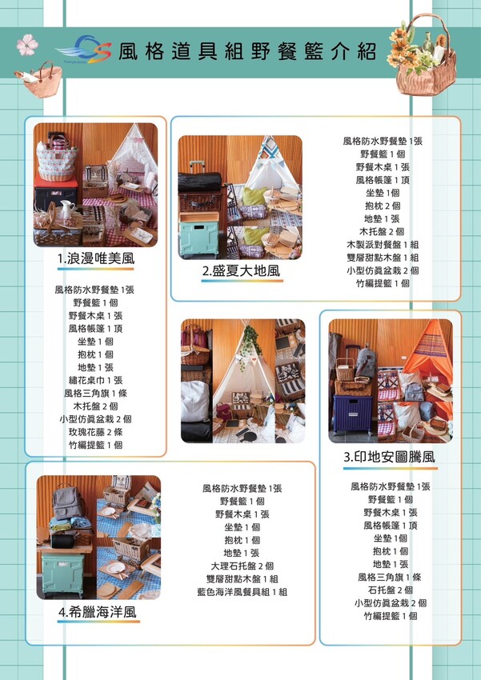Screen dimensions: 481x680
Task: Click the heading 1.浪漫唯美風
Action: point(96,259)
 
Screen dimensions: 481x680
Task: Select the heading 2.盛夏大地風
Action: point(242,271)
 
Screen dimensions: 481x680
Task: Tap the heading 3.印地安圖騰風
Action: point(390,457)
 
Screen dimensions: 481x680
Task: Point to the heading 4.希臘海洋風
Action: point(98,612)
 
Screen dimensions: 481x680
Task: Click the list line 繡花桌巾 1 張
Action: point(96,380)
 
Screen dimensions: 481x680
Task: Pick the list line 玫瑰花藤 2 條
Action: point(96,432)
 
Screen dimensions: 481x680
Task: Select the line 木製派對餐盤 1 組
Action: point(383,245)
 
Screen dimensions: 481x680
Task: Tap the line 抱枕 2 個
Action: point(383,206)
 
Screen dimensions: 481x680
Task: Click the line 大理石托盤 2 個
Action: point(243,566)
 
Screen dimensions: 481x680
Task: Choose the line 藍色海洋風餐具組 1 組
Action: point(243,592)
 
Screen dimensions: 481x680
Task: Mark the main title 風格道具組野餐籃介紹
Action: point(247,52)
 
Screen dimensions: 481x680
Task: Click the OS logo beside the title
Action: point(84,49)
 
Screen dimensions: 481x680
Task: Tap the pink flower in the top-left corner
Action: point(27,45)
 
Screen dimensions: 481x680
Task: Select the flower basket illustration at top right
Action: point(423,54)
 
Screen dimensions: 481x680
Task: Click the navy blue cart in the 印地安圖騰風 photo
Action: point(353,414)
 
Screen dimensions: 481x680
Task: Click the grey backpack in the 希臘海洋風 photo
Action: point(68,502)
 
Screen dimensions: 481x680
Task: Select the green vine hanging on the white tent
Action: point(251,346)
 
